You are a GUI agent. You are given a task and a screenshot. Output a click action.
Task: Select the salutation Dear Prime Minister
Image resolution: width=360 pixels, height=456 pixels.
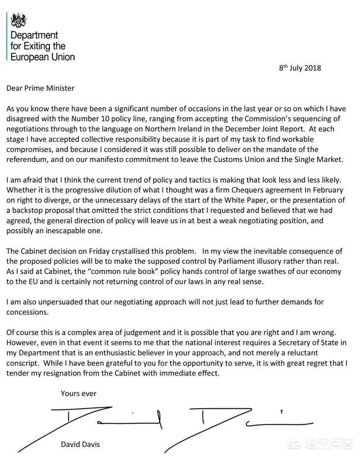[40, 88]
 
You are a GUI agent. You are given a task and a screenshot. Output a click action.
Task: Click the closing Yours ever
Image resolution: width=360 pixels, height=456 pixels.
[77, 393]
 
